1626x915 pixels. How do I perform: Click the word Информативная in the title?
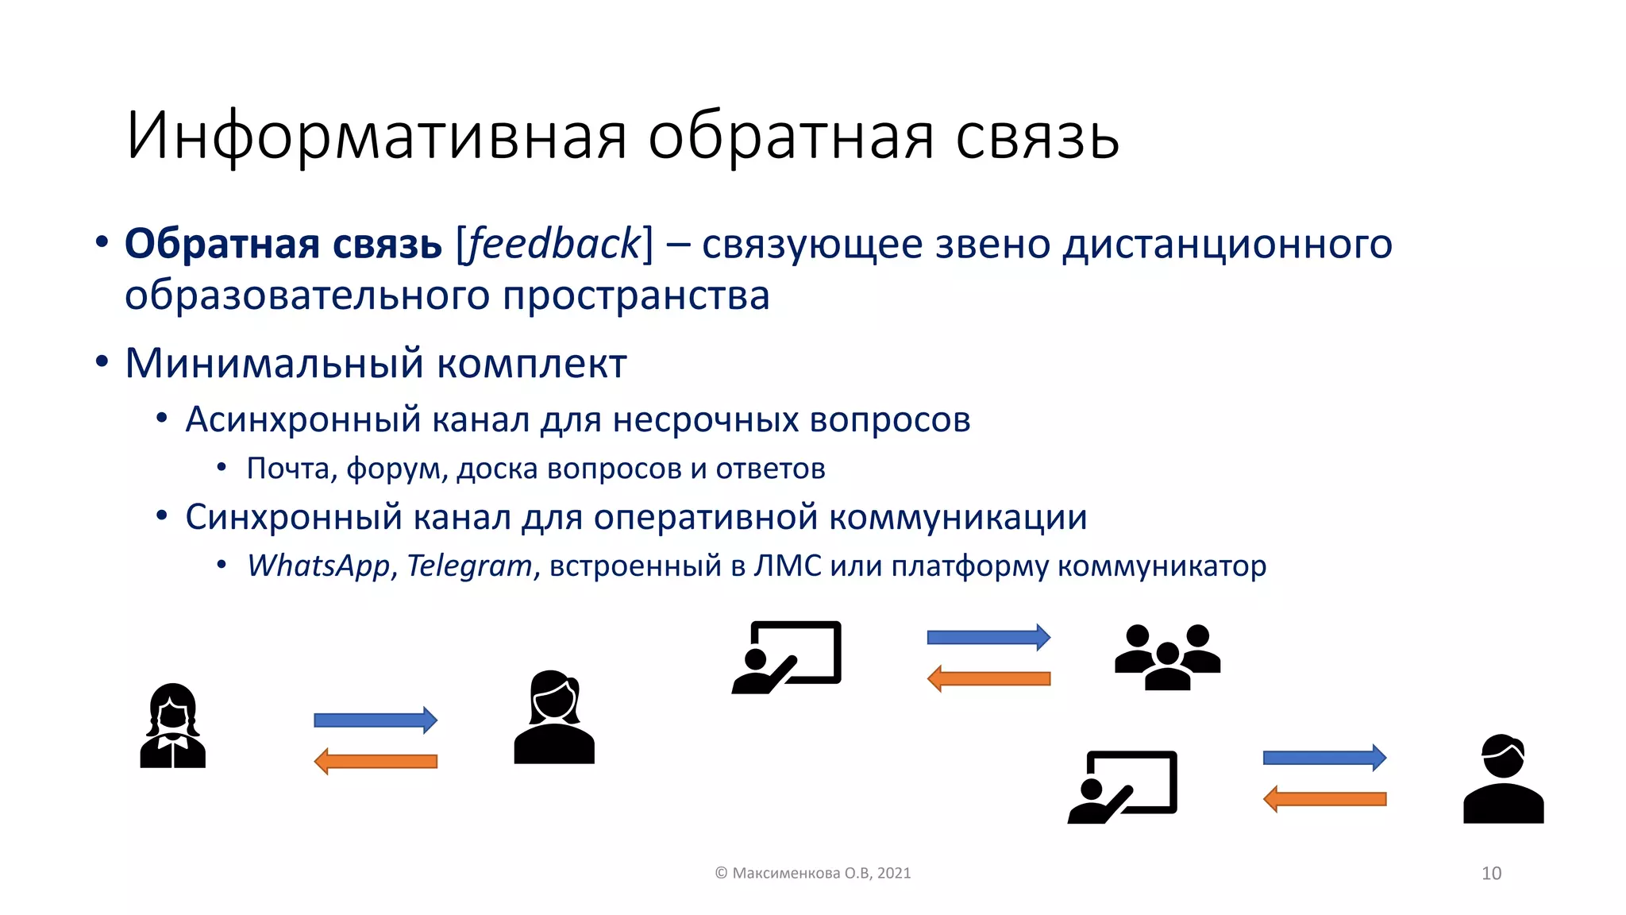(x=376, y=137)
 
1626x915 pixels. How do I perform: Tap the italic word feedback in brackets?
(x=554, y=243)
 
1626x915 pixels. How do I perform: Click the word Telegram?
(x=469, y=566)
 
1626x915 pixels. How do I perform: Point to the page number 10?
(x=1491, y=873)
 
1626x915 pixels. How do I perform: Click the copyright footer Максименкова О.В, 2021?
(x=813, y=873)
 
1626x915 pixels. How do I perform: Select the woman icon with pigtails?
(x=172, y=726)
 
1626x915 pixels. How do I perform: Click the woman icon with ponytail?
(x=554, y=718)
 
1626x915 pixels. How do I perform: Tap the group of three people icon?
(x=1167, y=656)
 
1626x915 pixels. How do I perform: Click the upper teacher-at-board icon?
(x=786, y=657)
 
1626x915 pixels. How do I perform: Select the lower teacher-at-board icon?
(x=1122, y=786)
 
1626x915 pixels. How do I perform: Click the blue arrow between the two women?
(x=376, y=720)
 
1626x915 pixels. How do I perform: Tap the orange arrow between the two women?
(x=376, y=761)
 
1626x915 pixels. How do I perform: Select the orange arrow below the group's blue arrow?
(x=988, y=678)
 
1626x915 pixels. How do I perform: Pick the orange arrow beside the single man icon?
(x=1324, y=799)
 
